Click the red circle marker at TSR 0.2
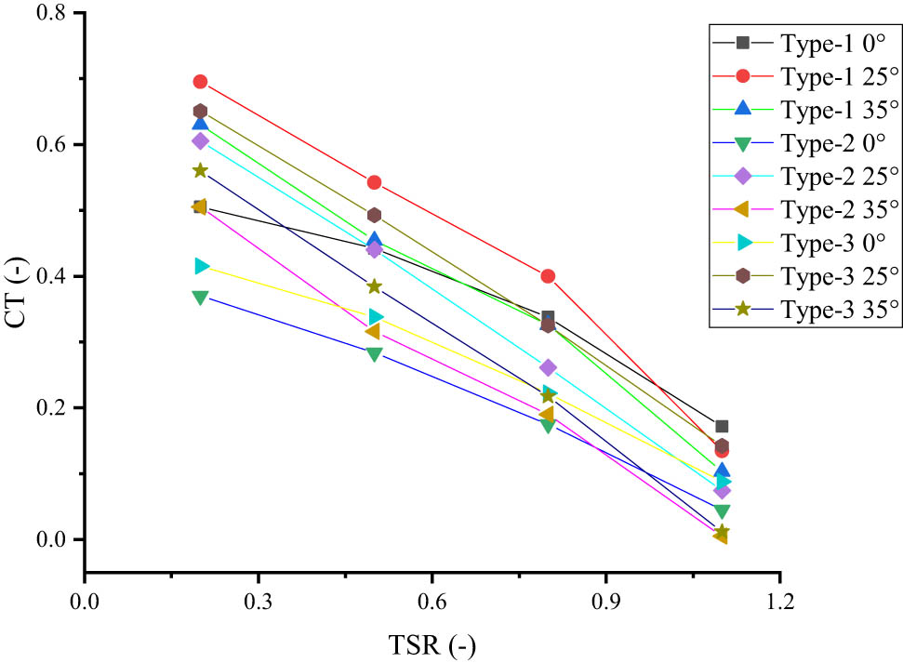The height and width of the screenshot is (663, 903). (200, 82)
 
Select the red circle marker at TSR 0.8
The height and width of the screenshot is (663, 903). (548, 276)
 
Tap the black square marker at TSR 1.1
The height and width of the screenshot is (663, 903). (722, 426)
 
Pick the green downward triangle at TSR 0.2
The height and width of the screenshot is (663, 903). (200, 298)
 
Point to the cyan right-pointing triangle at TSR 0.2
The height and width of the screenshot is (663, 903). (201, 267)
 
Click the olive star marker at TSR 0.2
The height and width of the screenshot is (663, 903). (200, 170)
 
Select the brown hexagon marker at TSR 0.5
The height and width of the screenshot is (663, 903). (374, 216)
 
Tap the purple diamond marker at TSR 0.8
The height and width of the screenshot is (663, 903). (548, 367)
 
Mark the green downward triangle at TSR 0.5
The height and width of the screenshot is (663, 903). (374, 354)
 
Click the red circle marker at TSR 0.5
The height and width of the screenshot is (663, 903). (374, 182)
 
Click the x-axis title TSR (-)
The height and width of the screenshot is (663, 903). (432, 643)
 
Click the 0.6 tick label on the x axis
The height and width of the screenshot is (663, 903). (432, 600)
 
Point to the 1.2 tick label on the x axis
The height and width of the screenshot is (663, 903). (779, 600)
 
